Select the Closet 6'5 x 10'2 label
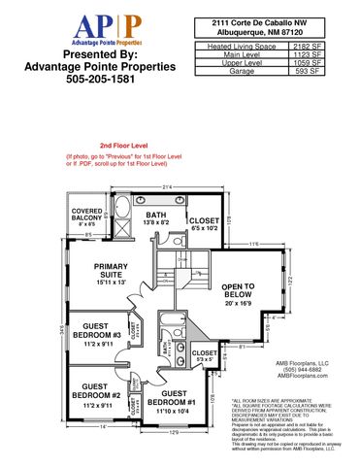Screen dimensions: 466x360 204,222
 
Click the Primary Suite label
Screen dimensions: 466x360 116,276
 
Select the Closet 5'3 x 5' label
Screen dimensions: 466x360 205,356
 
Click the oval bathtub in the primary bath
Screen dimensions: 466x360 125,216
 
